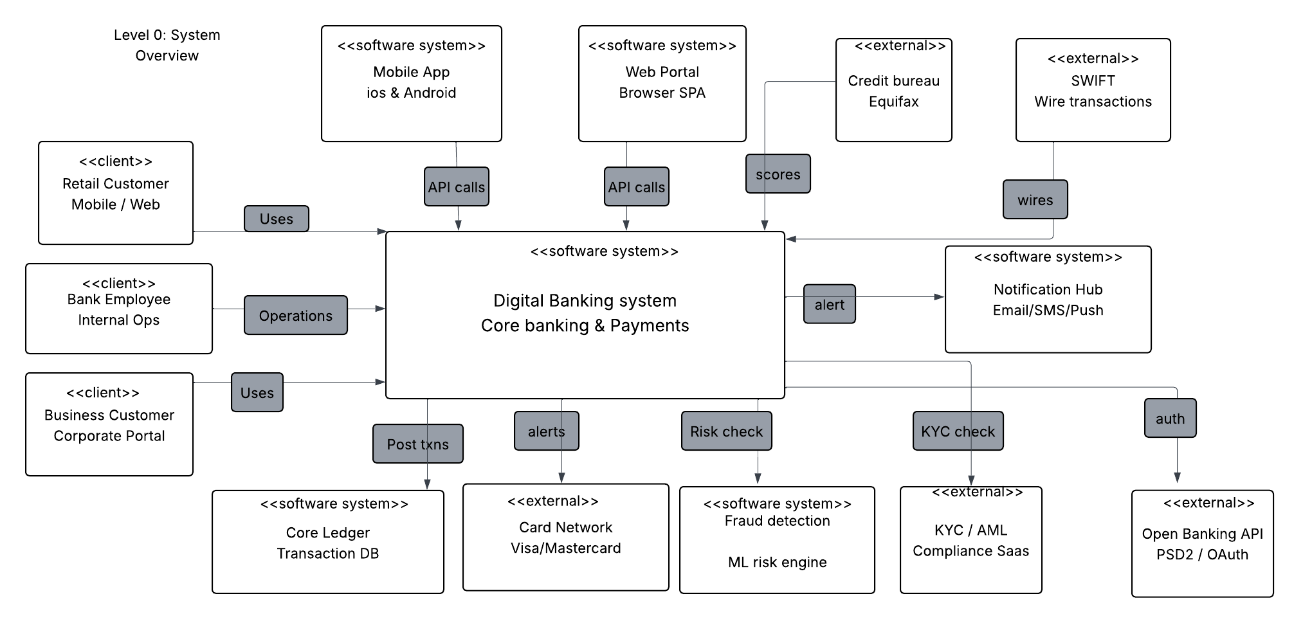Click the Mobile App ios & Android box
tap(412, 84)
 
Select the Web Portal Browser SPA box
tap(662, 84)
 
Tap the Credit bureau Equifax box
tap(894, 90)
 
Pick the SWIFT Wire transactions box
tap(1093, 90)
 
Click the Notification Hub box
tap(1048, 299)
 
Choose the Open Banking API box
tap(1203, 544)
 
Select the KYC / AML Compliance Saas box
tap(971, 540)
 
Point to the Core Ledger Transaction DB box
tap(328, 542)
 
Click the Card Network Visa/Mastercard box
tap(566, 537)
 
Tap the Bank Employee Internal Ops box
tap(119, 309)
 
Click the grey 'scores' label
tap(778, 174)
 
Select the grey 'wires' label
tap(1035, 199)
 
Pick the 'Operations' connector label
tap(296, 315)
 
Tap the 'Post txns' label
tap(418, 444)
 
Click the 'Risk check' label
tap(727, 431)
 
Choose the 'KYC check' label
tap(958, 431)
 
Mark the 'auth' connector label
tap(1171, 418)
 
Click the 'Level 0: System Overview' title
tap(167, 45)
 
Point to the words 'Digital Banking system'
tap(585, 301)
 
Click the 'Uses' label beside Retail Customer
tap(277, 219)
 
